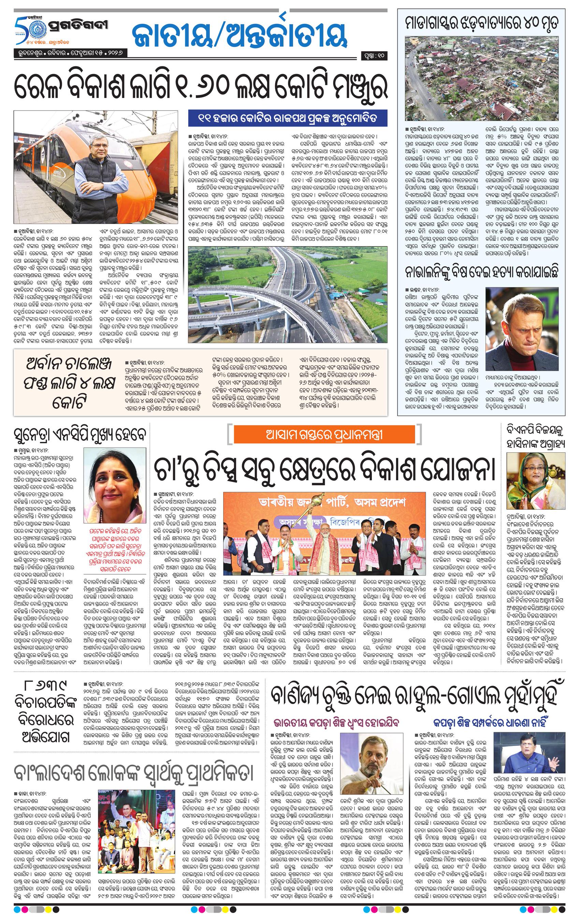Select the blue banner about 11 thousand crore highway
tap(288, 118)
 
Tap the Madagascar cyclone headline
tap(482, 23)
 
